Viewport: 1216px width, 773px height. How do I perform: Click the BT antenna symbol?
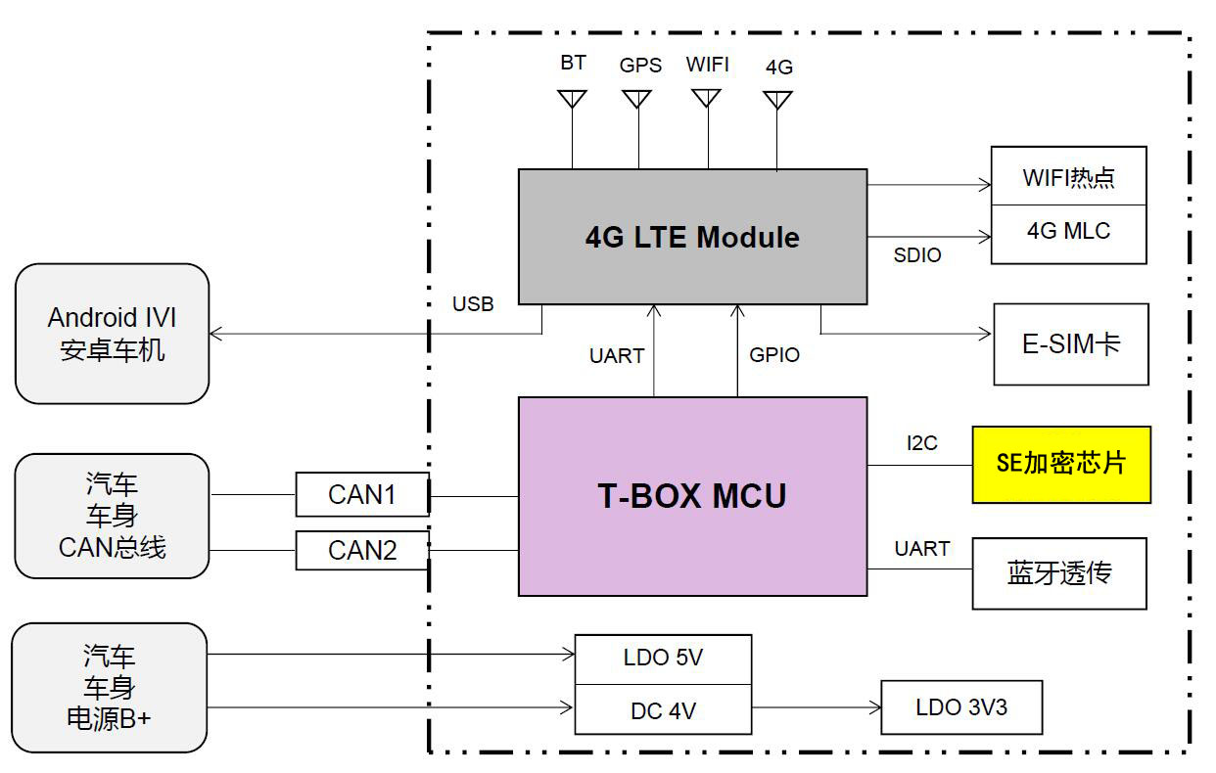(572, 99)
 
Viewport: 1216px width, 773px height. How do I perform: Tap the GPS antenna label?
(640, 66)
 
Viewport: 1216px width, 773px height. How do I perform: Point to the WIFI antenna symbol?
(706, 98)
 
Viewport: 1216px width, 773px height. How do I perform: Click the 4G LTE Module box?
(692, 237)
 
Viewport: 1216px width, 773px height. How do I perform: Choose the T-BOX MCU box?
(692, 496)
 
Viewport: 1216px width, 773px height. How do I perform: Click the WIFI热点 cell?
(1069, 176)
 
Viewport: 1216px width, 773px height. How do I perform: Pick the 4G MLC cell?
(1069, 234)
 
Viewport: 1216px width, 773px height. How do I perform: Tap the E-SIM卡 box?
(1071, 344)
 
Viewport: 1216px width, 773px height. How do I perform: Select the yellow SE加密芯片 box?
(1061, 465)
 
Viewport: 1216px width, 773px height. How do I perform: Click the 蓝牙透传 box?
(1059, 573)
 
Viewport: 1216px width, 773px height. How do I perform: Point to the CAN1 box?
(362, 494)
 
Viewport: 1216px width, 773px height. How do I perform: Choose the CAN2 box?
(362, 550)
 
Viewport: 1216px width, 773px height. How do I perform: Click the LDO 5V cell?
(664, 659)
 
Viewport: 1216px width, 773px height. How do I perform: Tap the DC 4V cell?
(664, 709)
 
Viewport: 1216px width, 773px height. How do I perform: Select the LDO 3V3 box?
(961, 707)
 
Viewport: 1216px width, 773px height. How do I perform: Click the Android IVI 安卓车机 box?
(113, 334)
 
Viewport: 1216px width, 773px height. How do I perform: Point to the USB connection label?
(473, 303)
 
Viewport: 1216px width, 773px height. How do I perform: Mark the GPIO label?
(774, 355)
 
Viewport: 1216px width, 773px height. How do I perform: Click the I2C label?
(921, 442)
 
